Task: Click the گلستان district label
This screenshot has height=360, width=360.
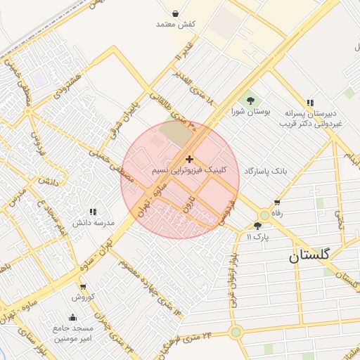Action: click(x=309, y=257)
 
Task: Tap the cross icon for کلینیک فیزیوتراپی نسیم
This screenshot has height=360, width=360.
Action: click(x=189, y=160)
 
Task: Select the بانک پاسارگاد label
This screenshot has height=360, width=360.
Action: click(x=266, y=171)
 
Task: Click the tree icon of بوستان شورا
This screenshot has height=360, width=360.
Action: click(x=250, y=101)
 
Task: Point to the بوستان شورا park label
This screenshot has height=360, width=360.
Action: click(x=251, y=112)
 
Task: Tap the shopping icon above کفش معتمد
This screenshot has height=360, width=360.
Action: click(x=175, y=13)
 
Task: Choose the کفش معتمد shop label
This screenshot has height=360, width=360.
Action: click(x=175, y=24)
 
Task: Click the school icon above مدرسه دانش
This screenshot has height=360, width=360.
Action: click(x=92, y=212)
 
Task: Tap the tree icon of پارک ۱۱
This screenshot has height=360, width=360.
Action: click(x=257, y=226)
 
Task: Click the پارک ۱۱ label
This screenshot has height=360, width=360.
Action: click(x=257, y=237)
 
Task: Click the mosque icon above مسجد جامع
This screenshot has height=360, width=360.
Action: click(x=73, y=317)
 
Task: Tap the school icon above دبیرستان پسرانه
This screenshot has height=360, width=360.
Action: click(x=310, y=102)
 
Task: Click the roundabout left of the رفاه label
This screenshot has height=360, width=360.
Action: click(x=264, y=214)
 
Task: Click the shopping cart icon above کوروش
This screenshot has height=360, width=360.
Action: click(x=83, y=287)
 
